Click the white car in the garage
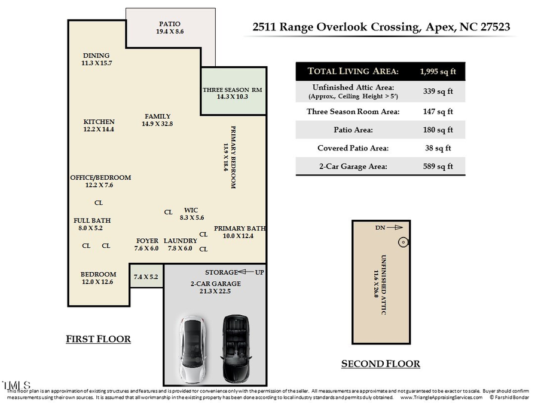coord(192,348)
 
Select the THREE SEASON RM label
coord(233,90)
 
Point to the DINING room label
coord(96,56)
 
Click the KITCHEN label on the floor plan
coord(99,122)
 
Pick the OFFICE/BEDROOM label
coord(100,177)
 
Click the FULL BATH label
coord(91,220)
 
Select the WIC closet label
coord(191,210)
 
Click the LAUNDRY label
coord(180,241)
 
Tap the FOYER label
coord(147,241)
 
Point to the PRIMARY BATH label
coord(239,228)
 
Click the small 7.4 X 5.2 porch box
coord(146,277)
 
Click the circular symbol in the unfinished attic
coord(403,242)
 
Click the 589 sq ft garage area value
coord(438,167)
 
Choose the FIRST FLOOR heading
coord(98,339)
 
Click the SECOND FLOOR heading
coord(380,364)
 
